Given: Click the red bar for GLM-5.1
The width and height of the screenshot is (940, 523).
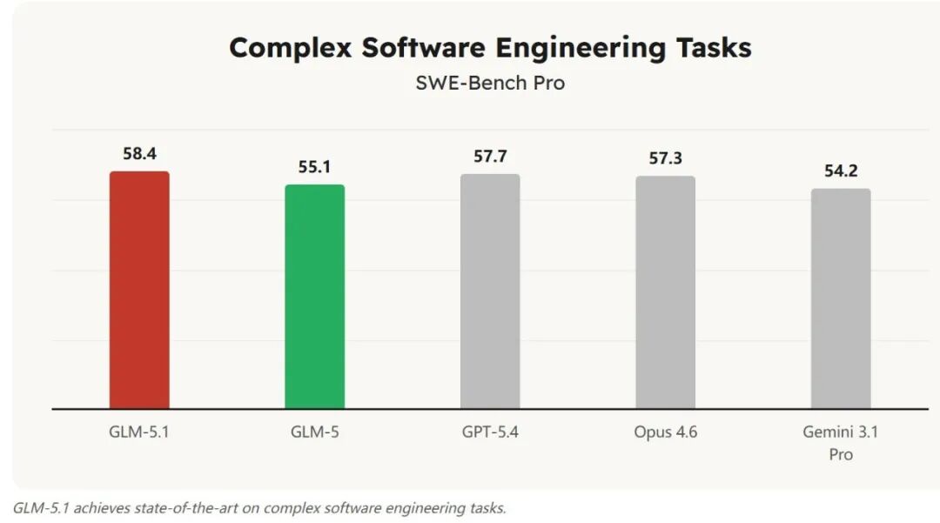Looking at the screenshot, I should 139,290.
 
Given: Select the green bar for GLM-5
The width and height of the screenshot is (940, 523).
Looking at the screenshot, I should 315,297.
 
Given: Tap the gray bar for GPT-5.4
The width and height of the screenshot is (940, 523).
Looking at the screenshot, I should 490,292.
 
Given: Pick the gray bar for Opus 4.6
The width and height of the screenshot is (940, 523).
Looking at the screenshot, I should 665,292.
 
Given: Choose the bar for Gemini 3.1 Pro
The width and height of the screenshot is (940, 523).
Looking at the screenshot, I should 841,298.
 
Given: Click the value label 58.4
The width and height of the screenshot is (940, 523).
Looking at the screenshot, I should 139,154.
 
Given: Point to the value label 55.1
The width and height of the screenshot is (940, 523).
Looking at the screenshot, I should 314,167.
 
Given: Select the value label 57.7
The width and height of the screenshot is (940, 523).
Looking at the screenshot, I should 490,157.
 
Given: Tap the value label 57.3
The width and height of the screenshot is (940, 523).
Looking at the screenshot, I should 665,158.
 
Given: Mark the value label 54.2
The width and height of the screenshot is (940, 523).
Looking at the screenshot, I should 841,171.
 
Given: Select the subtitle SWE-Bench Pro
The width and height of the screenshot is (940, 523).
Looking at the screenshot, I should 490,84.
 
